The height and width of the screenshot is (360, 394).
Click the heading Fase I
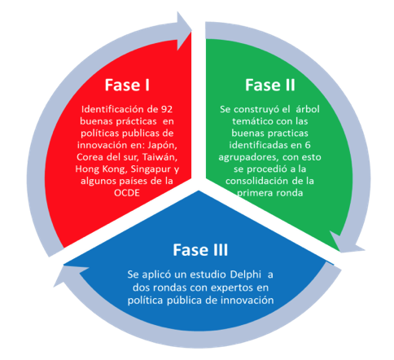(x=127, y=85)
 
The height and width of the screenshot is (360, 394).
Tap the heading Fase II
(x=270, y=85)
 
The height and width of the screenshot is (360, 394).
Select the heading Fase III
(x=200, y=250)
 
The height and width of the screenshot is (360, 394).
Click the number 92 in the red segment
(x=167, y=109)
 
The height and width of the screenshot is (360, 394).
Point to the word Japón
(x=162, y=146)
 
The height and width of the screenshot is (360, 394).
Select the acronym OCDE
(x=127, y=193)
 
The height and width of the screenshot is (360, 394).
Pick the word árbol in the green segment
(x=308, y=109)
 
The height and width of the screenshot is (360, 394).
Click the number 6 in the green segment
(x=308, y=145)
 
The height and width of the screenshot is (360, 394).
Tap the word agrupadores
(x=248, y=157)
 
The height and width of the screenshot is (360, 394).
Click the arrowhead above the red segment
(x=185, y=31)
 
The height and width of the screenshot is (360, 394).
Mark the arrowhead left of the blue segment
(x=71, y=274)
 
